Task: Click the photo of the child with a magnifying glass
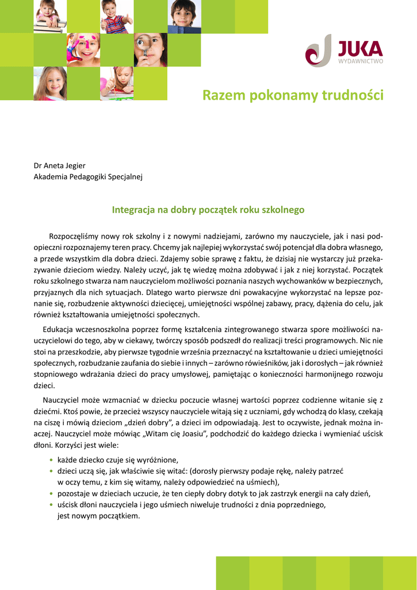pos(150,50)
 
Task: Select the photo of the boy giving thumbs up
pos(116,16)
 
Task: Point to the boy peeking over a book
pos(183,16)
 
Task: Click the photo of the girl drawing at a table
pos(116,83)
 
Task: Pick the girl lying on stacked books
pos(49,16)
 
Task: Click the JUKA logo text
pos(361,47)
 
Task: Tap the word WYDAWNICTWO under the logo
pos(361,60)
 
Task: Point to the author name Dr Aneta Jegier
pos(60,166)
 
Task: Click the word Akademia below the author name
pos(50,177)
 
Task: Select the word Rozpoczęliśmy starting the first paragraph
pos(75,236)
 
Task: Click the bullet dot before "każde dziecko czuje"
pos(52,460)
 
